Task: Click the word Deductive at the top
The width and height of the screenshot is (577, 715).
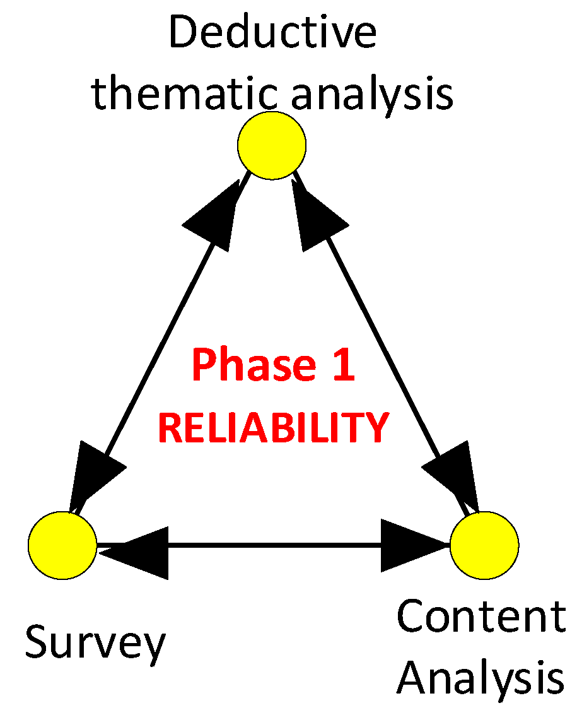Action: pyautogui.click(x=272, y=33)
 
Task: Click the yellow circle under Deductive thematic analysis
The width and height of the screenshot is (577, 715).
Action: pyautogui.click(x=272, y=145)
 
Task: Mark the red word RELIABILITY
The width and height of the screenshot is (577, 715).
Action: pyautogui.click(x=273, y=427)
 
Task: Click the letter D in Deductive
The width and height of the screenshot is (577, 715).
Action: pyautogui.click(x=182, y=33)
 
